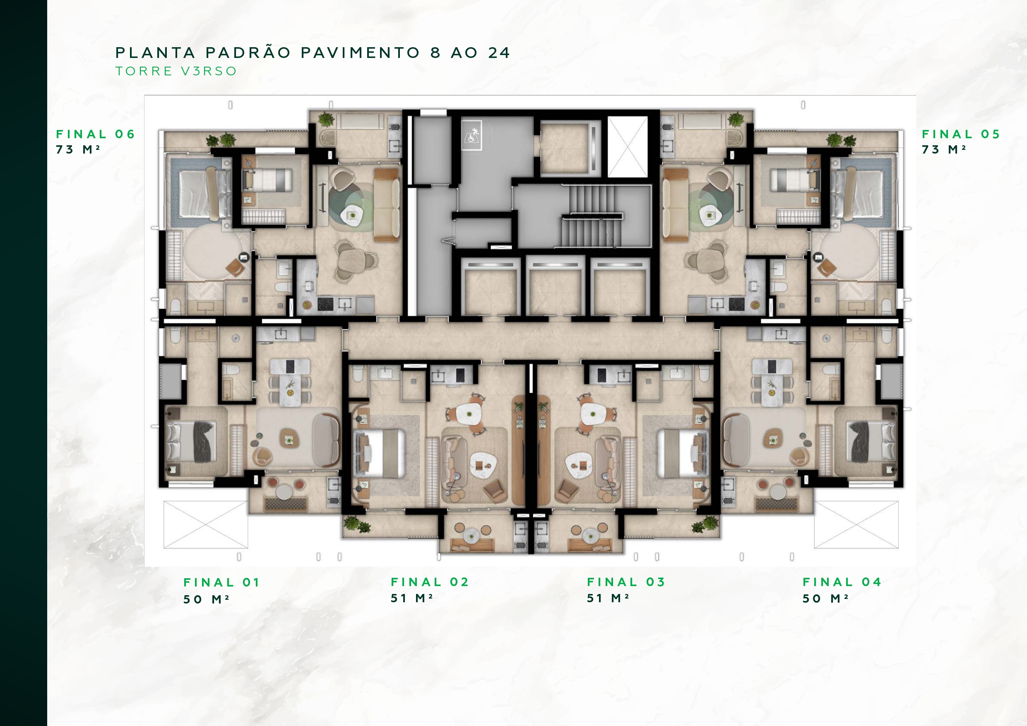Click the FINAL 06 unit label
coord(95,134)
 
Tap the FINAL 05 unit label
coord(961,134)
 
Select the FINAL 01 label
coord(221,582)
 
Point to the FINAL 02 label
coord(429,582)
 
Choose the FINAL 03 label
coord(626,582)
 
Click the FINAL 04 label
coord(842,582)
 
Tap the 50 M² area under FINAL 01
coord(206,599)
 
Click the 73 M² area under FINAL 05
coord(944,149)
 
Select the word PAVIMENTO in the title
coord(360,53)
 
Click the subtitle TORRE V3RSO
coord(176,71)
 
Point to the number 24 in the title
coord(499,53)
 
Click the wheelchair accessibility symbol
coord(471,134)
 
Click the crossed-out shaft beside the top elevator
coord(627,147)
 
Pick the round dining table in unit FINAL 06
coord(351,260)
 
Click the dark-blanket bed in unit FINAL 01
coord(191,442)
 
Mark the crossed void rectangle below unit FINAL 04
coord(856,524)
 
